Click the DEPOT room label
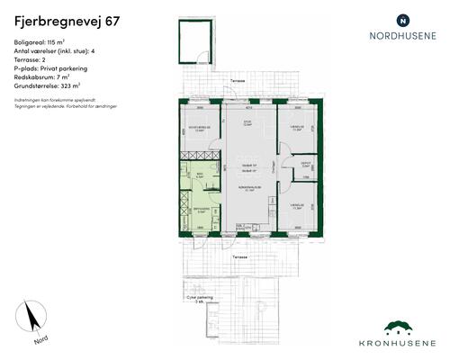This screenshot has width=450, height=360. click(x=307, y=166)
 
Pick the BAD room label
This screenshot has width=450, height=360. click(x=200, y=175)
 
